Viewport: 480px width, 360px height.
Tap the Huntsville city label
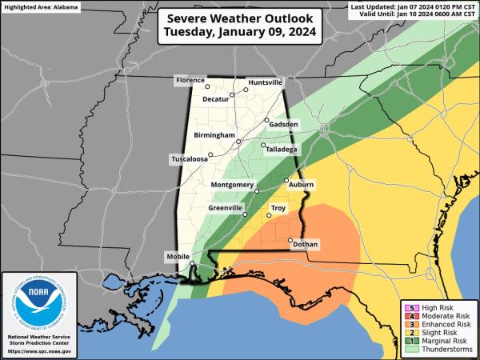tap(265, 82)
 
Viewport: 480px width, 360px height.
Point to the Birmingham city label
tap(214, 136)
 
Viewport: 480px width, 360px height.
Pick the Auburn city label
tap(301, 185)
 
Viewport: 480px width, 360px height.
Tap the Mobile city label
tap(177, 257)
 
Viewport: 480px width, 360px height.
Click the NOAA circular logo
tap(39, 305)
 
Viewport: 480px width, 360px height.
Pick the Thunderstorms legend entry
tap(438, 349)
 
